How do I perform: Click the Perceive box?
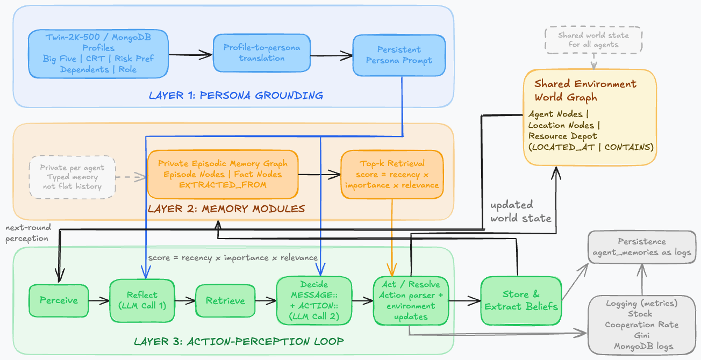tap(59, 300)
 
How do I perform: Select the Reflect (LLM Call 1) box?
tap(142, 300)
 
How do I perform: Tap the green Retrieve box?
tap(225, 300)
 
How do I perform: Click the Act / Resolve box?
tap(410, 300)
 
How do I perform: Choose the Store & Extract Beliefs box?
tap(521, 300)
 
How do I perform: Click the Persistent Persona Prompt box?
tap(399, 55)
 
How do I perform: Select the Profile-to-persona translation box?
tap(262, 53)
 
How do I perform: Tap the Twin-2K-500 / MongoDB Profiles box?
tap(98, 53)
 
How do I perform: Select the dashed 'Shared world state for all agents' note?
tap(593, 40)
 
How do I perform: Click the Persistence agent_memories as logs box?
tap(641, 247)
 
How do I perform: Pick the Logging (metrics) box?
tap(641, 324)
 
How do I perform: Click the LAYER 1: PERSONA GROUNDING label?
tap(236, 96)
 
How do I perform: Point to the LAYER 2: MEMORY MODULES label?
tap(226, 208)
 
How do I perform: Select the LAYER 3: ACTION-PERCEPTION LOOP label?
tap(239, 341)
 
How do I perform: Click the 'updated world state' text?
tap(520, 211)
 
